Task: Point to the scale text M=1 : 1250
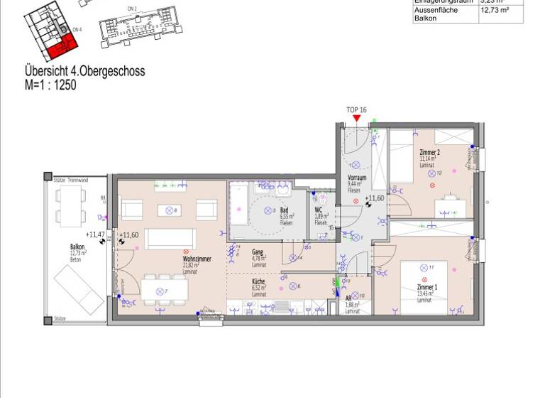pyautogui.click(x=50, y=85)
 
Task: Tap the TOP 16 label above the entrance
pyautogui.click(x=356, y=109)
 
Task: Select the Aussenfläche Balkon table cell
pyautogui.click(x=436, y=14)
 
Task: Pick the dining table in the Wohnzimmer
pyautogui.click(x=164, y=289)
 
